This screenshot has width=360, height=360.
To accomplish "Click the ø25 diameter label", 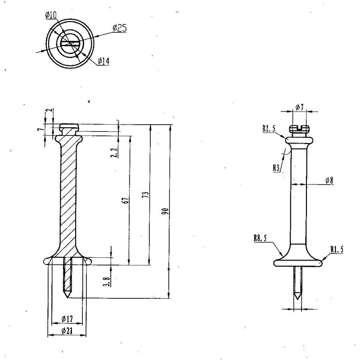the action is tap(120, 28).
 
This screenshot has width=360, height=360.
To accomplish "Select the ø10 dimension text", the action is tap(51, 15).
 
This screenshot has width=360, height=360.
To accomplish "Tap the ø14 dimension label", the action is tap(103, 61).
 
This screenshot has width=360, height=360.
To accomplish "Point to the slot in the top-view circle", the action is tap(70, 43).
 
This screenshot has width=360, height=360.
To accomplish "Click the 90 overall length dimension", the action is tap(165, 211).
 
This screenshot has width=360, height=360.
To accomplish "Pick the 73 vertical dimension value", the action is tap(146, 195).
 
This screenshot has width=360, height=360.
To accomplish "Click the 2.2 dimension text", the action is tap(114, 152).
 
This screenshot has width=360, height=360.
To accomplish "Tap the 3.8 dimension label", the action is tap(107, 281).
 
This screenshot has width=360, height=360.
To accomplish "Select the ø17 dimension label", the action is tap(67, 319).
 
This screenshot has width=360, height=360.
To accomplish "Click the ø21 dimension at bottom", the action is tap(67, 331).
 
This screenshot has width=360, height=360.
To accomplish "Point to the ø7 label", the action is tap(300, 107).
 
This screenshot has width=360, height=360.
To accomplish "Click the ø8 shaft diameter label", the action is tap(329, 180).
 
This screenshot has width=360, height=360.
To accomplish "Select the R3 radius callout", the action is tap(276, 168).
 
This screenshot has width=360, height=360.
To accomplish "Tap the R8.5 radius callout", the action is tap(260, 238).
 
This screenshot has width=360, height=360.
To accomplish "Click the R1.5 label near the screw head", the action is tap(269, 129).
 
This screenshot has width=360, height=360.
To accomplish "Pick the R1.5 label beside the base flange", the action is tap(337, 249).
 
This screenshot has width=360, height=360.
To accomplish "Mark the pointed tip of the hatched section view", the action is tap(67, 298).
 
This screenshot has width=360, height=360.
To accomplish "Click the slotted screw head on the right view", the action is tap(299, 129).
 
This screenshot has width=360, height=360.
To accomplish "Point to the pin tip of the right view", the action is tap(298, 299).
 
